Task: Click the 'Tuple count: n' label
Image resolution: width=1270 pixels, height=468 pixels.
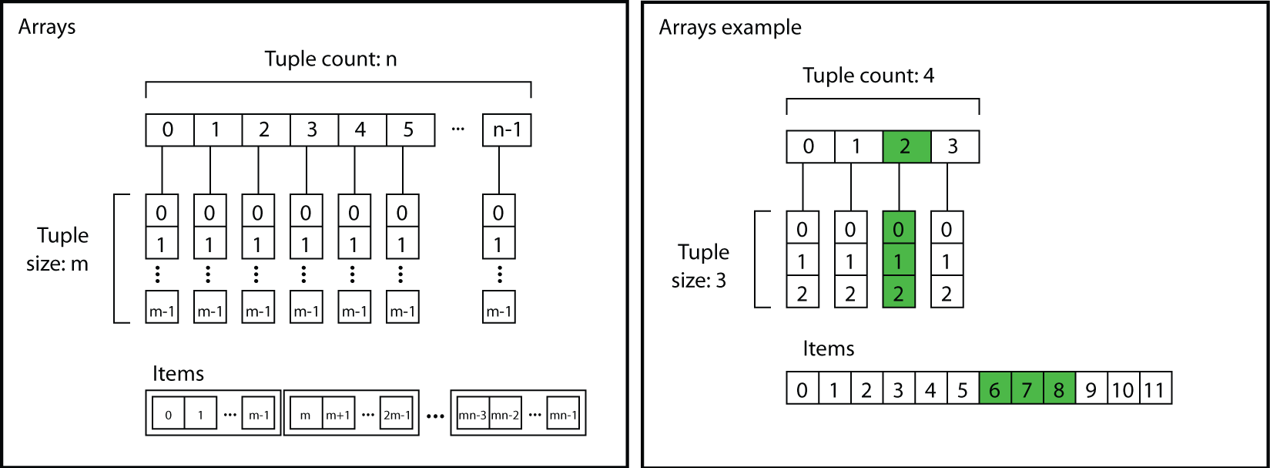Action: pyautogui.click(x=330, y=59)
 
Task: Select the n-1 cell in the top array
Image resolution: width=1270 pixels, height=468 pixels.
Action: pyautogui.click(x=507, y=130)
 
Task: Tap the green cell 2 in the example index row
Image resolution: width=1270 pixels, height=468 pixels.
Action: pyautogui.click(x=906, y=147)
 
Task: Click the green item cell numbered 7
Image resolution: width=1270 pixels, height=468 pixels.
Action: pyautogui.click(x=1027, y=389)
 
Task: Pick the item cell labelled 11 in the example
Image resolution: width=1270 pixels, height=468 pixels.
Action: pyautogui.click(x=1154, y=389)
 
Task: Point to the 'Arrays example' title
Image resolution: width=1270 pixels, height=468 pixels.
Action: pyautogui.click(x=729, y=28)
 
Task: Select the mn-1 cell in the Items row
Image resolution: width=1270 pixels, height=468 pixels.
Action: pyautogui.click(x=563, y=415)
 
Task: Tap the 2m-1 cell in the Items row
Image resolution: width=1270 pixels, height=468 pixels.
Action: pyautogui.click(x=396, y=415)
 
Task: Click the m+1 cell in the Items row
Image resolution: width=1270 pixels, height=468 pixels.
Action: pyautogui.click(x=337, y=415)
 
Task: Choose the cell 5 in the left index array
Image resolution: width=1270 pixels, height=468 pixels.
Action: pyautogui.click(x=409, y=130)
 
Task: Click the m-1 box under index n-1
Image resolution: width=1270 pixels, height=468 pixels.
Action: pyautogui.click(x=498, y=311)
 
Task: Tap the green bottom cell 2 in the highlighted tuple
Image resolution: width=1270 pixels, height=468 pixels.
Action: pyautogui.click(x=898, y=293)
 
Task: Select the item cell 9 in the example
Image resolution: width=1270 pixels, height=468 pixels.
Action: pyautogui.click(x=1091, y=389)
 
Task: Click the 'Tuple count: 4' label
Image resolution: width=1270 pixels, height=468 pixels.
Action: pyautogui.click(x=868, y=76)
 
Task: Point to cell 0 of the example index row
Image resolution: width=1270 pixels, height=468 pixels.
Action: pyautogui.click(x=809, y=147)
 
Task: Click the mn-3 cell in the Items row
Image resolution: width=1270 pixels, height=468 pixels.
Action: pyautogui.click(x=472, y=415)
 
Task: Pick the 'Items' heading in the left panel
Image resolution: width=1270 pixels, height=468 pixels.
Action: pyautogui.click(x=178, y=374)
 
